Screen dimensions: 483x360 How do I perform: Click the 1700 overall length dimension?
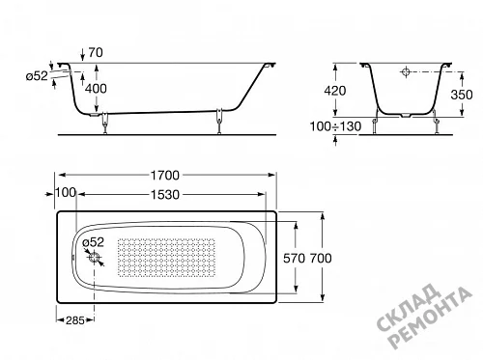165,176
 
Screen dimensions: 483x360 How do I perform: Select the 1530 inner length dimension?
165,195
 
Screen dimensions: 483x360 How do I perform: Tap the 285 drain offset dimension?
75,320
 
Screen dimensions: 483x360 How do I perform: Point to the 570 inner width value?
294,258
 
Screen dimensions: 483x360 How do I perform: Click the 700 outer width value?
321,258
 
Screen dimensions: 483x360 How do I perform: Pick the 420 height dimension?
335,91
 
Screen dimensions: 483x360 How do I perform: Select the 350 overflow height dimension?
462,95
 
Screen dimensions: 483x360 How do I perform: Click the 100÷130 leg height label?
335,126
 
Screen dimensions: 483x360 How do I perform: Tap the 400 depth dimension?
96,89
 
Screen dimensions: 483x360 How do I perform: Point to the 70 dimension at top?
96,52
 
